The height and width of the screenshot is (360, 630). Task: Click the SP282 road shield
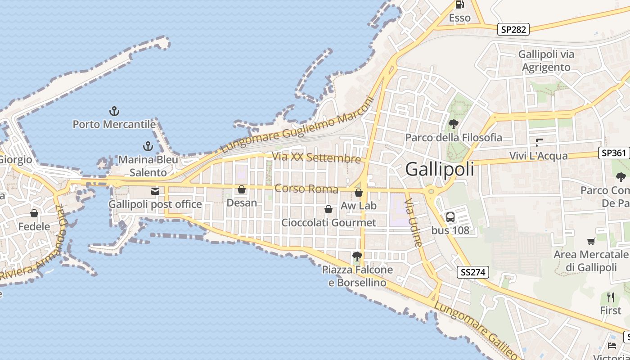tap(513, 30)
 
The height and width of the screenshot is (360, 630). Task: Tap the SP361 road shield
tap(613, 153)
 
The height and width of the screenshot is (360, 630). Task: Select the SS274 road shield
tap(472, 272)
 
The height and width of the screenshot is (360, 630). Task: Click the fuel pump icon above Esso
tap(459, 5)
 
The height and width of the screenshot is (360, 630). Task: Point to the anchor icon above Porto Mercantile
tap(114, 111)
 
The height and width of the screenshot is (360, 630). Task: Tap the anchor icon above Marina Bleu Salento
tap(148, 146)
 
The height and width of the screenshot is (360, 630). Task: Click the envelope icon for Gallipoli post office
tap(155, 191)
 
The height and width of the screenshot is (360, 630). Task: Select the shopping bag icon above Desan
tap(242, 189)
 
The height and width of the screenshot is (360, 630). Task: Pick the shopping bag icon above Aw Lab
tap(359, 193)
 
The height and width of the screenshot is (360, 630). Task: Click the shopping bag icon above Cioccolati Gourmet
tap(328, 209)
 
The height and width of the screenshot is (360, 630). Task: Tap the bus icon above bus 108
tap(450, 217)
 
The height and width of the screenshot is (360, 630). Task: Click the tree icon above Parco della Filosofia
tap(453, 124)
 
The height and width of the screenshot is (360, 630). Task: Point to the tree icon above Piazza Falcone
tap(357, 256)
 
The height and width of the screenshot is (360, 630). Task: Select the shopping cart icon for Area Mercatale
tap(591, 241)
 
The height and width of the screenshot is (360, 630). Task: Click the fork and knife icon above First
tap(611, 297)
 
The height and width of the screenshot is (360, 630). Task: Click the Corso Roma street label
tap(306, 188)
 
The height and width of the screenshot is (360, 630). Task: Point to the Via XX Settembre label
tap(316, 157)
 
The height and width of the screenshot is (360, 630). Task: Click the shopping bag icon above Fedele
tap(34, 213)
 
